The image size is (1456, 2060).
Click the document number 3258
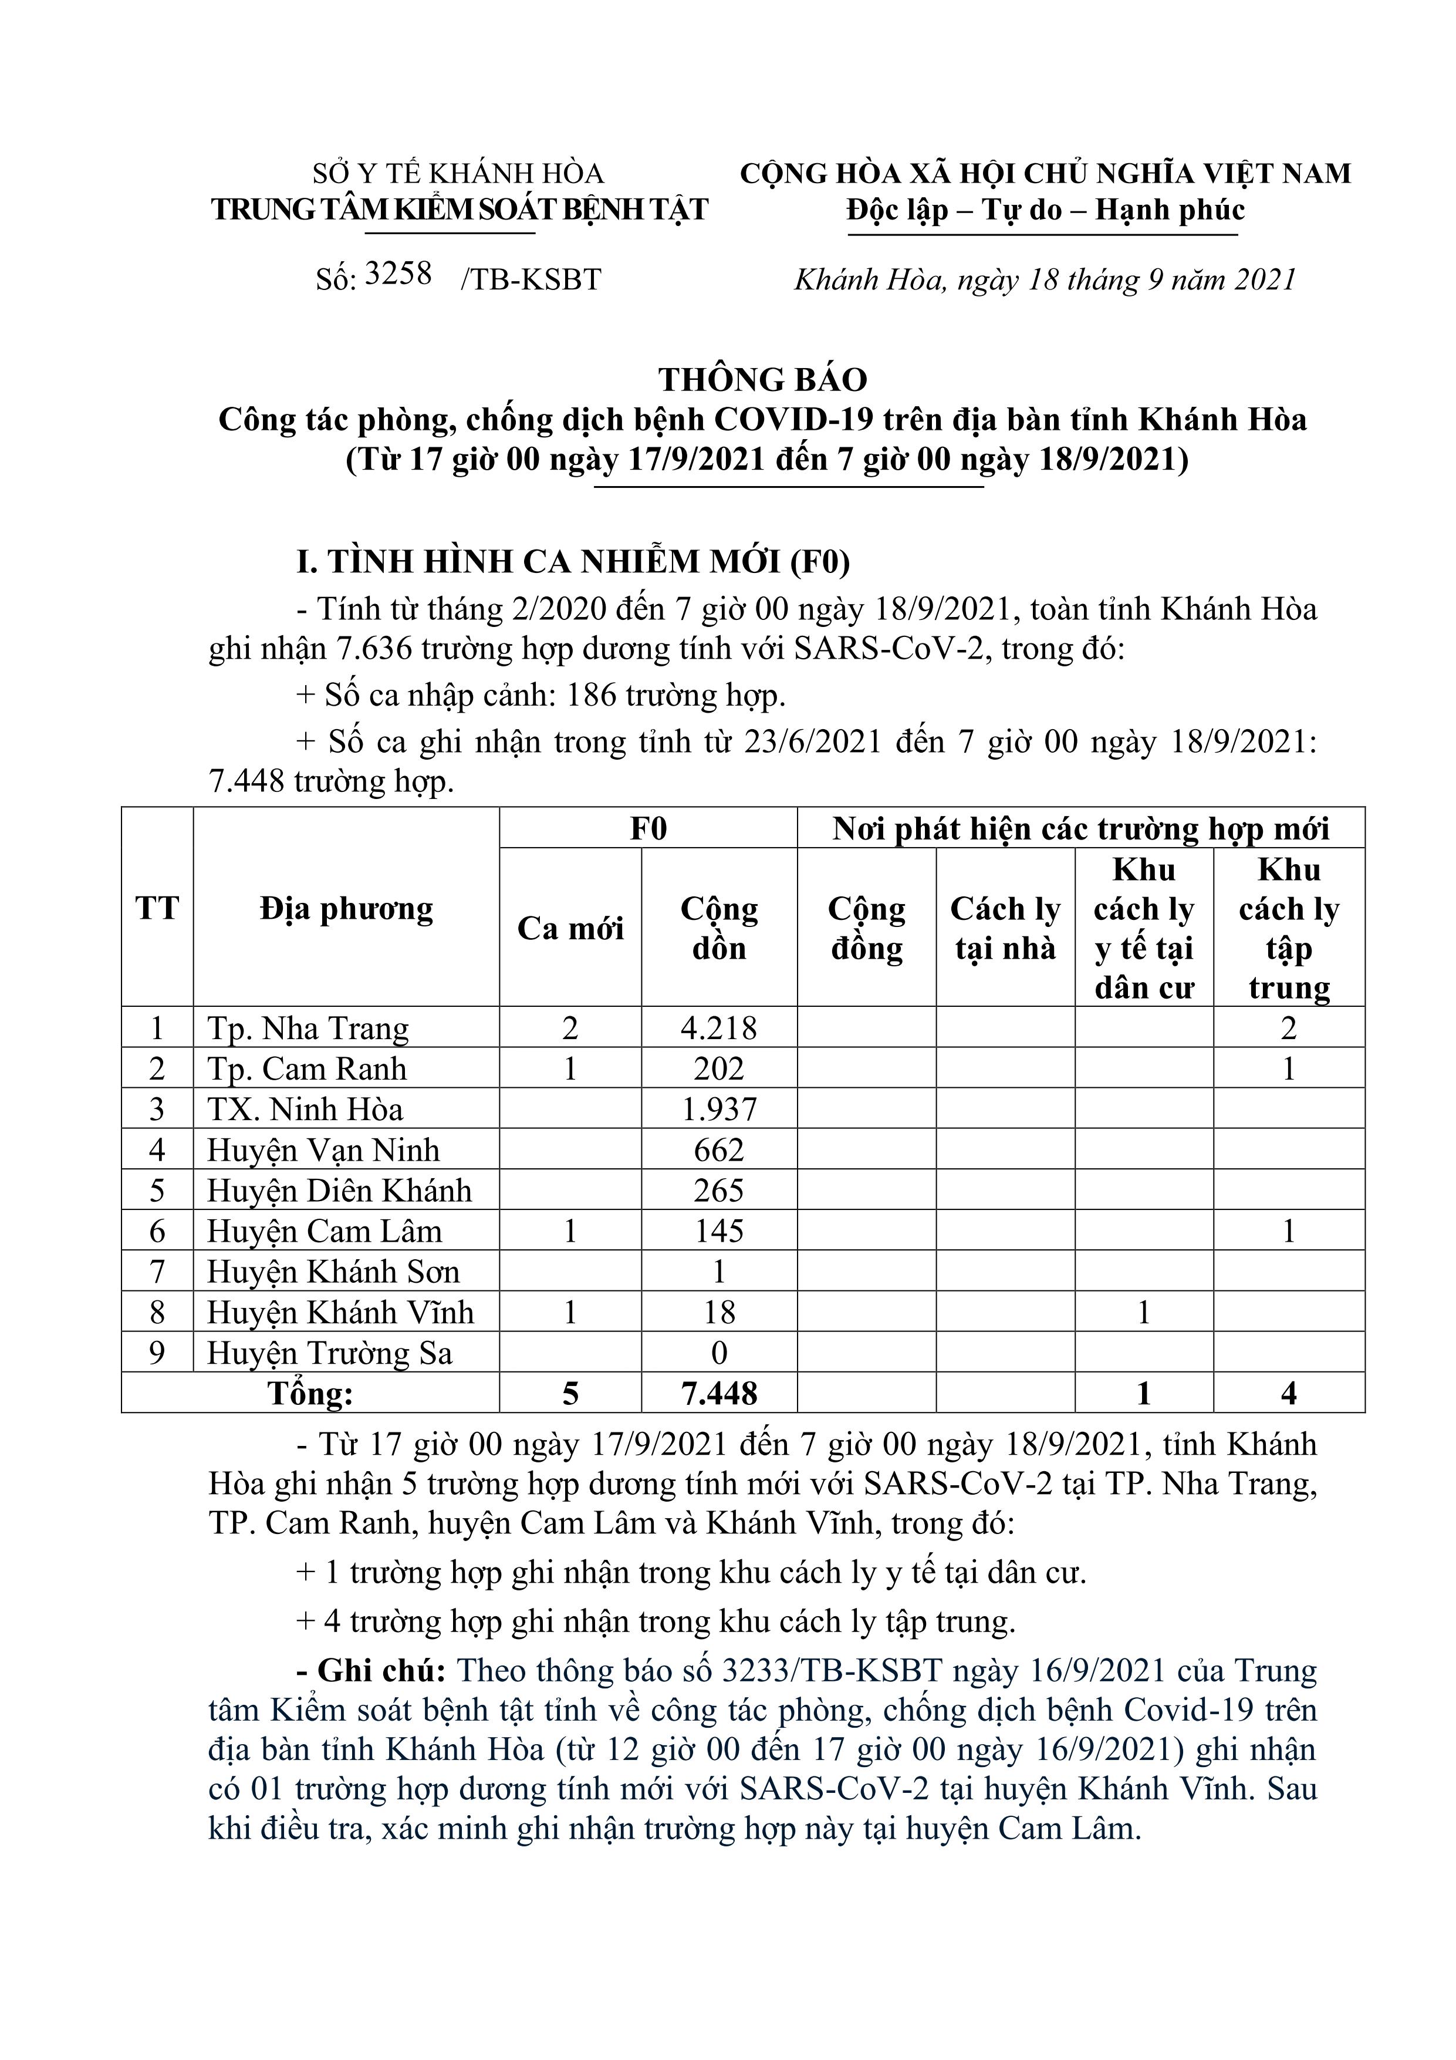coord(399,273)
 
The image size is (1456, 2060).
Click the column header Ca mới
coord(570,928)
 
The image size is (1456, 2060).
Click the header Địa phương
coord(346,909)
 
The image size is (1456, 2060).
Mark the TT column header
coord(157,908)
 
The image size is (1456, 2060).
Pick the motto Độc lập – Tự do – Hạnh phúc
coord(1045,210)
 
